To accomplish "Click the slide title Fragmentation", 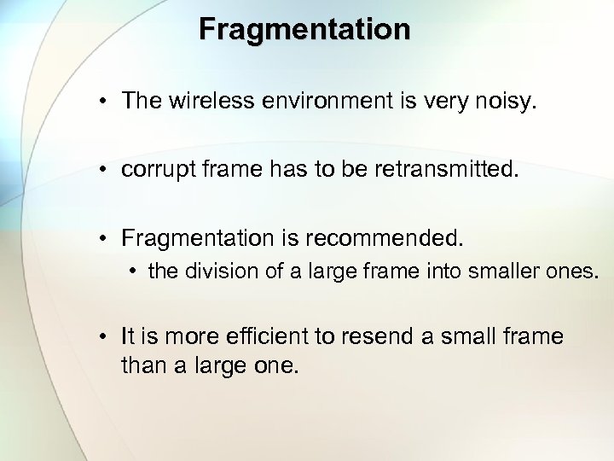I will (304, 29).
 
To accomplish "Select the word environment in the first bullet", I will (320, 101).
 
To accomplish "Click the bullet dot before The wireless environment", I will (101, 102).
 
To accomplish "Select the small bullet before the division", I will (135, 272).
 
